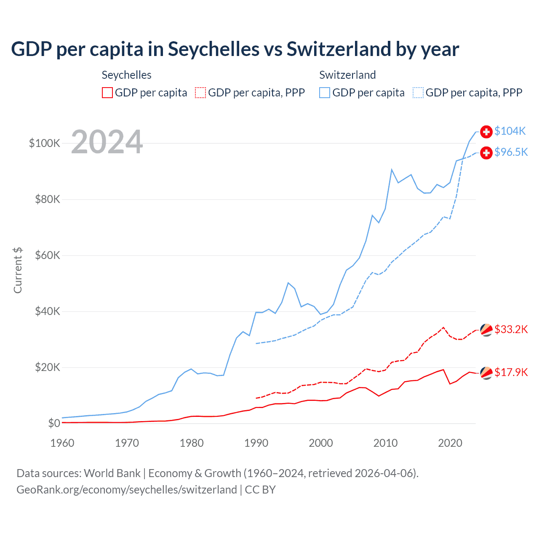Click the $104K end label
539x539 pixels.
point(510,131)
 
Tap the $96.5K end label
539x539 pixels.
point(511,152)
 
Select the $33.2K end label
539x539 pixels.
point(511,329)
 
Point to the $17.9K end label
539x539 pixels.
point(511,372)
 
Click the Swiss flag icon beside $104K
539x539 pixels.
point(486,131)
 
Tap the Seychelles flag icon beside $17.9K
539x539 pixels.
point(486,373)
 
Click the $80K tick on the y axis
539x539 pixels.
point(48,199)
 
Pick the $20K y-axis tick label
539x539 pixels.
point(48,367)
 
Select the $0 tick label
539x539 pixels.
point(54,423)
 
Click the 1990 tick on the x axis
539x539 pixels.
point(256,443)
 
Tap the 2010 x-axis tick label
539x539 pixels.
point(385,443)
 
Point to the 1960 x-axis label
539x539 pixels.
point(62,443)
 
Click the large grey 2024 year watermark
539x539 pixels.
point(107,142)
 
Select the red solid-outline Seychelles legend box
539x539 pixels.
point(107,93)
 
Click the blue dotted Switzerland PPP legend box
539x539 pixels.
point(418,93)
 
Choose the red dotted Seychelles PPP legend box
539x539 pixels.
point(200,93)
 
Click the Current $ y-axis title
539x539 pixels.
point(18,270)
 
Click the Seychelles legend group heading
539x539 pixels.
point(126,75)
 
